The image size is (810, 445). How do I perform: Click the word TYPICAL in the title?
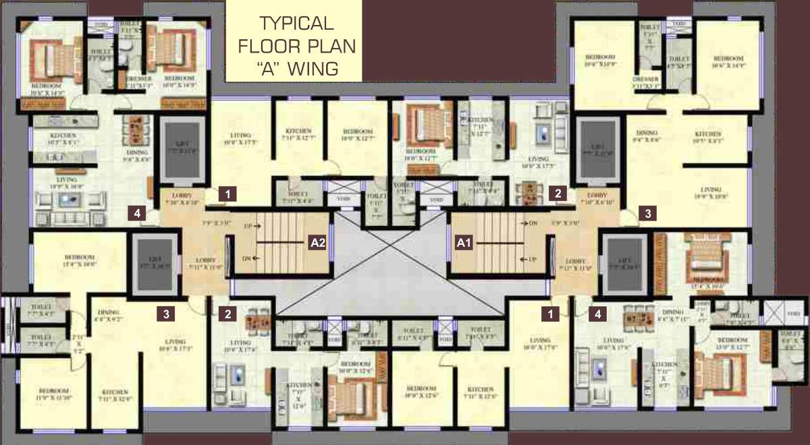296,24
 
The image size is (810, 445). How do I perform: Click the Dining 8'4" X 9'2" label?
108,316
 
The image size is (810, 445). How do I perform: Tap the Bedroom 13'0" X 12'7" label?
732,343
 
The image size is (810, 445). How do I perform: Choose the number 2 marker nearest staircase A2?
228,313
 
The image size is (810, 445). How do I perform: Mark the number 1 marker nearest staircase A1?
551,313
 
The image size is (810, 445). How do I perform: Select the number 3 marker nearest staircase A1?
647,214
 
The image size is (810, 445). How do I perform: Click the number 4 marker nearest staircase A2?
138,214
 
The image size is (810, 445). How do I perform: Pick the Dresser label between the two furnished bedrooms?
138,81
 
